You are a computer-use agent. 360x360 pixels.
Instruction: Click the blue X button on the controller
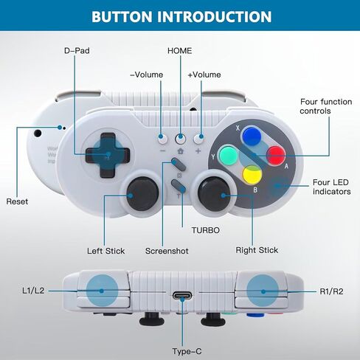pos(252,136)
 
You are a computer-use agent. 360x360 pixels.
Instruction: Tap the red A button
pos(276,156)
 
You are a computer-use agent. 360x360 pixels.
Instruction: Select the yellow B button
pos(252,175)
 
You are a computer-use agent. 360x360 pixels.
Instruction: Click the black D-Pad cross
pos(108,155)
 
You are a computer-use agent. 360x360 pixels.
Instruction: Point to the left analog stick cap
pos(142,194)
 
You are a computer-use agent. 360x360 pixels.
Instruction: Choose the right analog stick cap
pos(213,194)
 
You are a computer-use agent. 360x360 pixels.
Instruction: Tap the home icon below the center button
pos(181,151)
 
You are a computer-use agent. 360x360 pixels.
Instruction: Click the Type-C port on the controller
pos(182,295)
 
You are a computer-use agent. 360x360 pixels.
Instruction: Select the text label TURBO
pos(206,230)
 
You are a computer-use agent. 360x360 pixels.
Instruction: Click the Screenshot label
pos(167,251)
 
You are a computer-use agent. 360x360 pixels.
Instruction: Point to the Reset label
pos(17,201)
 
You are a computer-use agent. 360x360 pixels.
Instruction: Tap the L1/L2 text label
pos(33,291)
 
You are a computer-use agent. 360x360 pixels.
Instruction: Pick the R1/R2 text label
pos(331,291)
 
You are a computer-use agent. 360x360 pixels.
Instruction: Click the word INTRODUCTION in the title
pos(214,17)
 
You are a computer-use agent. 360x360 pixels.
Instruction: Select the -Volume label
pos(147,75)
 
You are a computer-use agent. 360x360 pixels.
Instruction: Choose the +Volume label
pos(204,75)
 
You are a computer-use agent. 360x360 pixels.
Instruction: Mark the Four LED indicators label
pos(332,187)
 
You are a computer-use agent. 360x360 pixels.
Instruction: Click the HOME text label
pos(180,51)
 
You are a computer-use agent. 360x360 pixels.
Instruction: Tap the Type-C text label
pos(187,351)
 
